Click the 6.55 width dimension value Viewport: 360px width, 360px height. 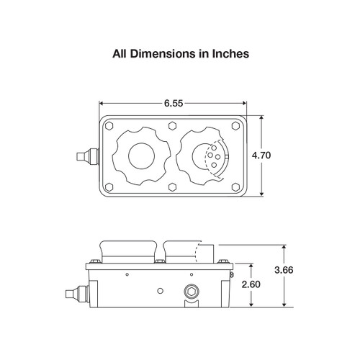point(173,103)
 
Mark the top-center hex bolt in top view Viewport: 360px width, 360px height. point(173,125)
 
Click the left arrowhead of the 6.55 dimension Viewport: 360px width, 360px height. point(102,104)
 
